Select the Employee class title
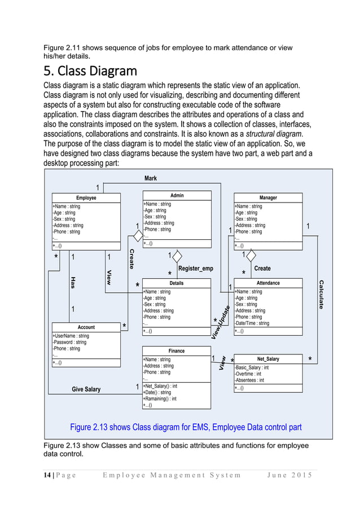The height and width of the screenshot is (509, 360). pyautogui.click(x=86, y=198)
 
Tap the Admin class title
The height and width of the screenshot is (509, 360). pyautogui.click(x=177, y=195)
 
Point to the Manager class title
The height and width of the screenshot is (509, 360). pyautogui.click(x=268, y=198)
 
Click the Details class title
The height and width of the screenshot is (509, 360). pyautogui.click(x=177, y=283)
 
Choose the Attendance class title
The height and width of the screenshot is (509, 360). pyautogui.click(x=268, y=283)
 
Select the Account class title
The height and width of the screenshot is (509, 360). pyautogui.click(x=86, y=327)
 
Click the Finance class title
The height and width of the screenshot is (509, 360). pyautogui.click(x=177, y=351)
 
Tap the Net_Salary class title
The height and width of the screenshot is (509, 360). pyautogui.click(x=268, y=359)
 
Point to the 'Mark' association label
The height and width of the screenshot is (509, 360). pyautogui.click(x=151, y=178)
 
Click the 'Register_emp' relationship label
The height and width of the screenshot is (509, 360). pyautogui.click(x=195, y=269)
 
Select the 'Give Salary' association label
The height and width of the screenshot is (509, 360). pyautogui.click(x=86, y=389)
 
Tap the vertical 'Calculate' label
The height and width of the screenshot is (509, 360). pyautogui.click(x=321, y=294)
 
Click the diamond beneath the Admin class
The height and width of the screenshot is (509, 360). pyautogui.click(x=177, y=256)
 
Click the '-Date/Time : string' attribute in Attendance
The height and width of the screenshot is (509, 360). pyautogui.click(x=252, y=323)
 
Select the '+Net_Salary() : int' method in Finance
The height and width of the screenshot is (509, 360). pyautogui.click(x=160, y=386)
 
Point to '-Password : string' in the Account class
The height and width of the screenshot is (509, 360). pyautogui.click(x=69, y=343)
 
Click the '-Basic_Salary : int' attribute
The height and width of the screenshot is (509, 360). pyautogui.click(x=251, y=367)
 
